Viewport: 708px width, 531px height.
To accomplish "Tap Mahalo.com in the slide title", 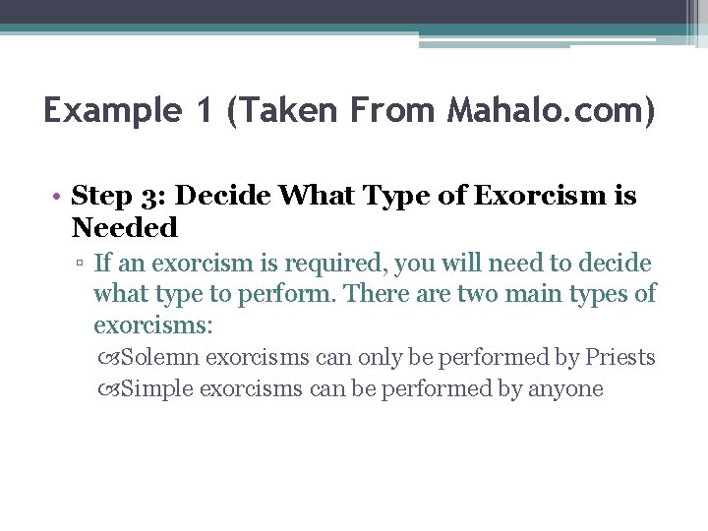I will (551, 110).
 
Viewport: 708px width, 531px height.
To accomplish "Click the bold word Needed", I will (125, 228).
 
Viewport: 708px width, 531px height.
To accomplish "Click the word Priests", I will (619, 357).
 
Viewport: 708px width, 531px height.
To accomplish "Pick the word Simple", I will (158, 388).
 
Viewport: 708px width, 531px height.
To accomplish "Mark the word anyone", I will (565, 388).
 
